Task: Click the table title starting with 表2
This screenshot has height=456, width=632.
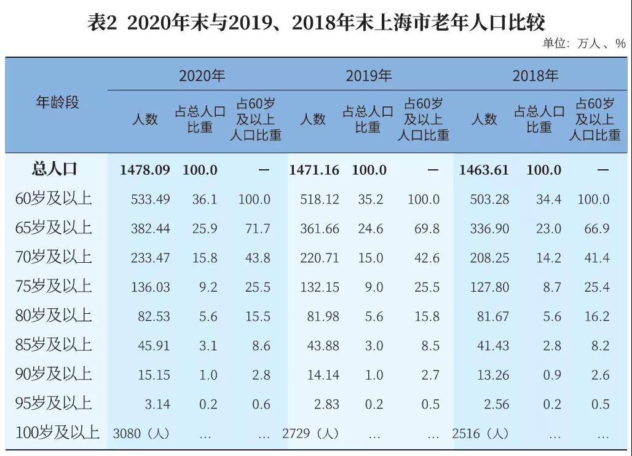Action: pos(316,22)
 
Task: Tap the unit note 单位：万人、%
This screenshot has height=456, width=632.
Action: pos(583,44)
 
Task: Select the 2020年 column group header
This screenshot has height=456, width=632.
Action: pos(202,76)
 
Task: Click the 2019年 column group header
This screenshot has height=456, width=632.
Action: pos(368,76)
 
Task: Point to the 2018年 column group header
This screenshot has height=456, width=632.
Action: pos(535,76)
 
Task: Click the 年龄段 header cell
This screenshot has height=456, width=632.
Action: pos(57,102)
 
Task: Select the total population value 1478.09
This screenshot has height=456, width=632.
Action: pos(145,170)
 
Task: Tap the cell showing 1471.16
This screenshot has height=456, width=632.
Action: pos(314,170)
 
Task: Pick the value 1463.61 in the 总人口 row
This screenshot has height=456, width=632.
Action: pos(484,170)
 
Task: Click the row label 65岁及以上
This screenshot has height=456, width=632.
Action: pos(53,228)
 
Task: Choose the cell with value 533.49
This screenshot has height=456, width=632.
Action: pos(150,199)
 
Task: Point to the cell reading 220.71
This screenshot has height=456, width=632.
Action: pos(319,258)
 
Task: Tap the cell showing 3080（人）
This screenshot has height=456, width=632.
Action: pos(141,433)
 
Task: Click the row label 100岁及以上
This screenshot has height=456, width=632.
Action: pos(57,433)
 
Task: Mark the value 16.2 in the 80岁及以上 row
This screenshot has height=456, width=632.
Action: pos(596,316)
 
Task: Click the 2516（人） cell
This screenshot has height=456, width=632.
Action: pos(480,433)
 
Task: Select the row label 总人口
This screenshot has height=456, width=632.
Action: pos(55,170)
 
